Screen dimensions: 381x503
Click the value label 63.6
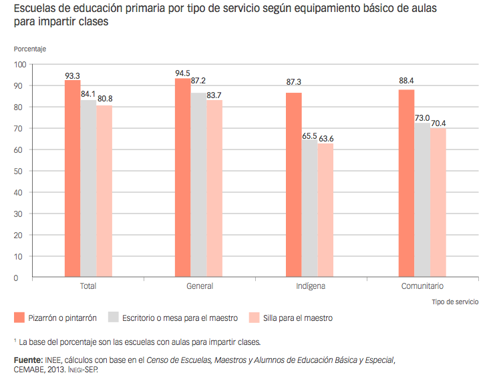coord(325,138)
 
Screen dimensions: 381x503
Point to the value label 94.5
coord(183,73)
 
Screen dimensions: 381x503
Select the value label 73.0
coord(423,117)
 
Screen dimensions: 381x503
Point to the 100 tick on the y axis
coord(17,65)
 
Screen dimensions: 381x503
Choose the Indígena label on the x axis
coord(311,286)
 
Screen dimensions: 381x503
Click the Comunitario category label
coord(422,286)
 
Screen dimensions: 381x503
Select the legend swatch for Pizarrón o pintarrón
coord(19,318)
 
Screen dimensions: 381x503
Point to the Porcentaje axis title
coord(30,49)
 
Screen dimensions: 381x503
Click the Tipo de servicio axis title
coord(455,302)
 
